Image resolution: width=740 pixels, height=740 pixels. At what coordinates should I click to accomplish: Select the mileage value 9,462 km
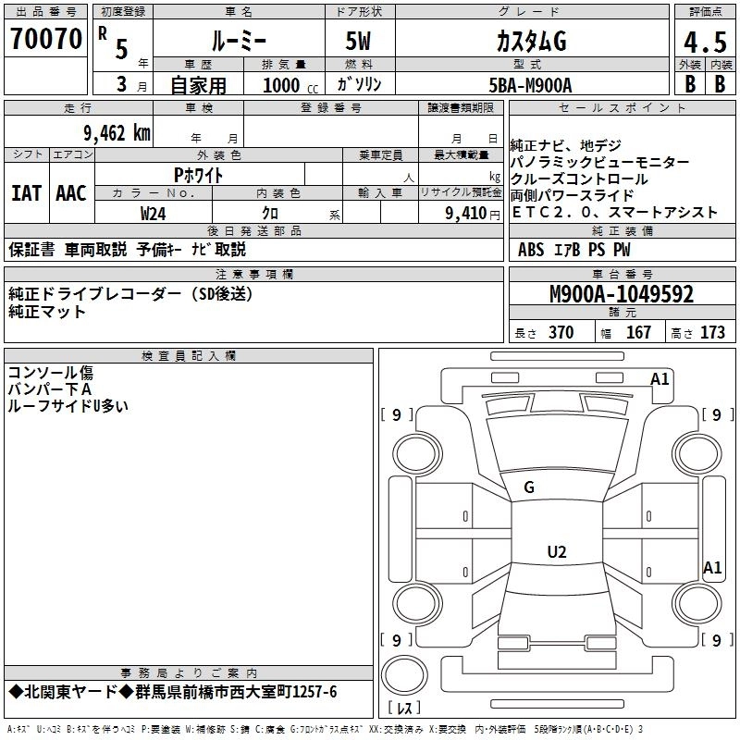coord(117,132)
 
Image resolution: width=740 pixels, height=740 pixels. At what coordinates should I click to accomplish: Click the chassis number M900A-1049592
coord(622,295)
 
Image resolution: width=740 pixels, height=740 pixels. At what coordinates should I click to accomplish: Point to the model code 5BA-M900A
coord(530,85)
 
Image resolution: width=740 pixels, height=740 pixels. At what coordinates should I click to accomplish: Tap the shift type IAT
coord(26,193)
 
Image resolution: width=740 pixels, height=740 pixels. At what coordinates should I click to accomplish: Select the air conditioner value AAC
coord(71,193)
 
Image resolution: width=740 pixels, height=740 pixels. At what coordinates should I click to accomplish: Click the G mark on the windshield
coord(528,487)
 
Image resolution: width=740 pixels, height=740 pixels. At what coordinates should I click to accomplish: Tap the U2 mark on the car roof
coord(556,552)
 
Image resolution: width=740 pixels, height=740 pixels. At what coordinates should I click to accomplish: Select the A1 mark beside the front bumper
coord(660,379)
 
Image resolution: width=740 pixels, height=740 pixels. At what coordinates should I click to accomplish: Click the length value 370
coord(561,333)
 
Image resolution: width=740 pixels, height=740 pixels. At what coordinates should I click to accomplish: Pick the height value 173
coord(712,333)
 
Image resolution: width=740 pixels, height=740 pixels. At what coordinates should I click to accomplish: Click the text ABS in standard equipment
coord(531,250)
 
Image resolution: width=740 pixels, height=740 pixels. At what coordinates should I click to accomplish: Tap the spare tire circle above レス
coord(404,676)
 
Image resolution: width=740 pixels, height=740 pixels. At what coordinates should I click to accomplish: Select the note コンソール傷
coord(51,373)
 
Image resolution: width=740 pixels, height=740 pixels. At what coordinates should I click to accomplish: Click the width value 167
coord(638,333)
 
